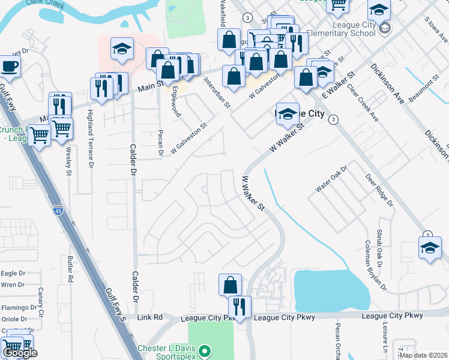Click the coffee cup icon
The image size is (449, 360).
(10, 66)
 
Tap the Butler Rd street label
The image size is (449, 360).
(70, 269)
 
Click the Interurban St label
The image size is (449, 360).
(217, 92)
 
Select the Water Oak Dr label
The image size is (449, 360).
(332, 179)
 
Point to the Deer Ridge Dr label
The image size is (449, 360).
(380, 190)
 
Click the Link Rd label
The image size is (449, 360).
(150, 317)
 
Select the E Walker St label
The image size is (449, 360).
(339, 85)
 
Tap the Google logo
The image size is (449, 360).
(20, 353)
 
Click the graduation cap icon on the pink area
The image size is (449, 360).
(122, 50)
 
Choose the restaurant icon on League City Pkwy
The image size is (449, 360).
(240, 307)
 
